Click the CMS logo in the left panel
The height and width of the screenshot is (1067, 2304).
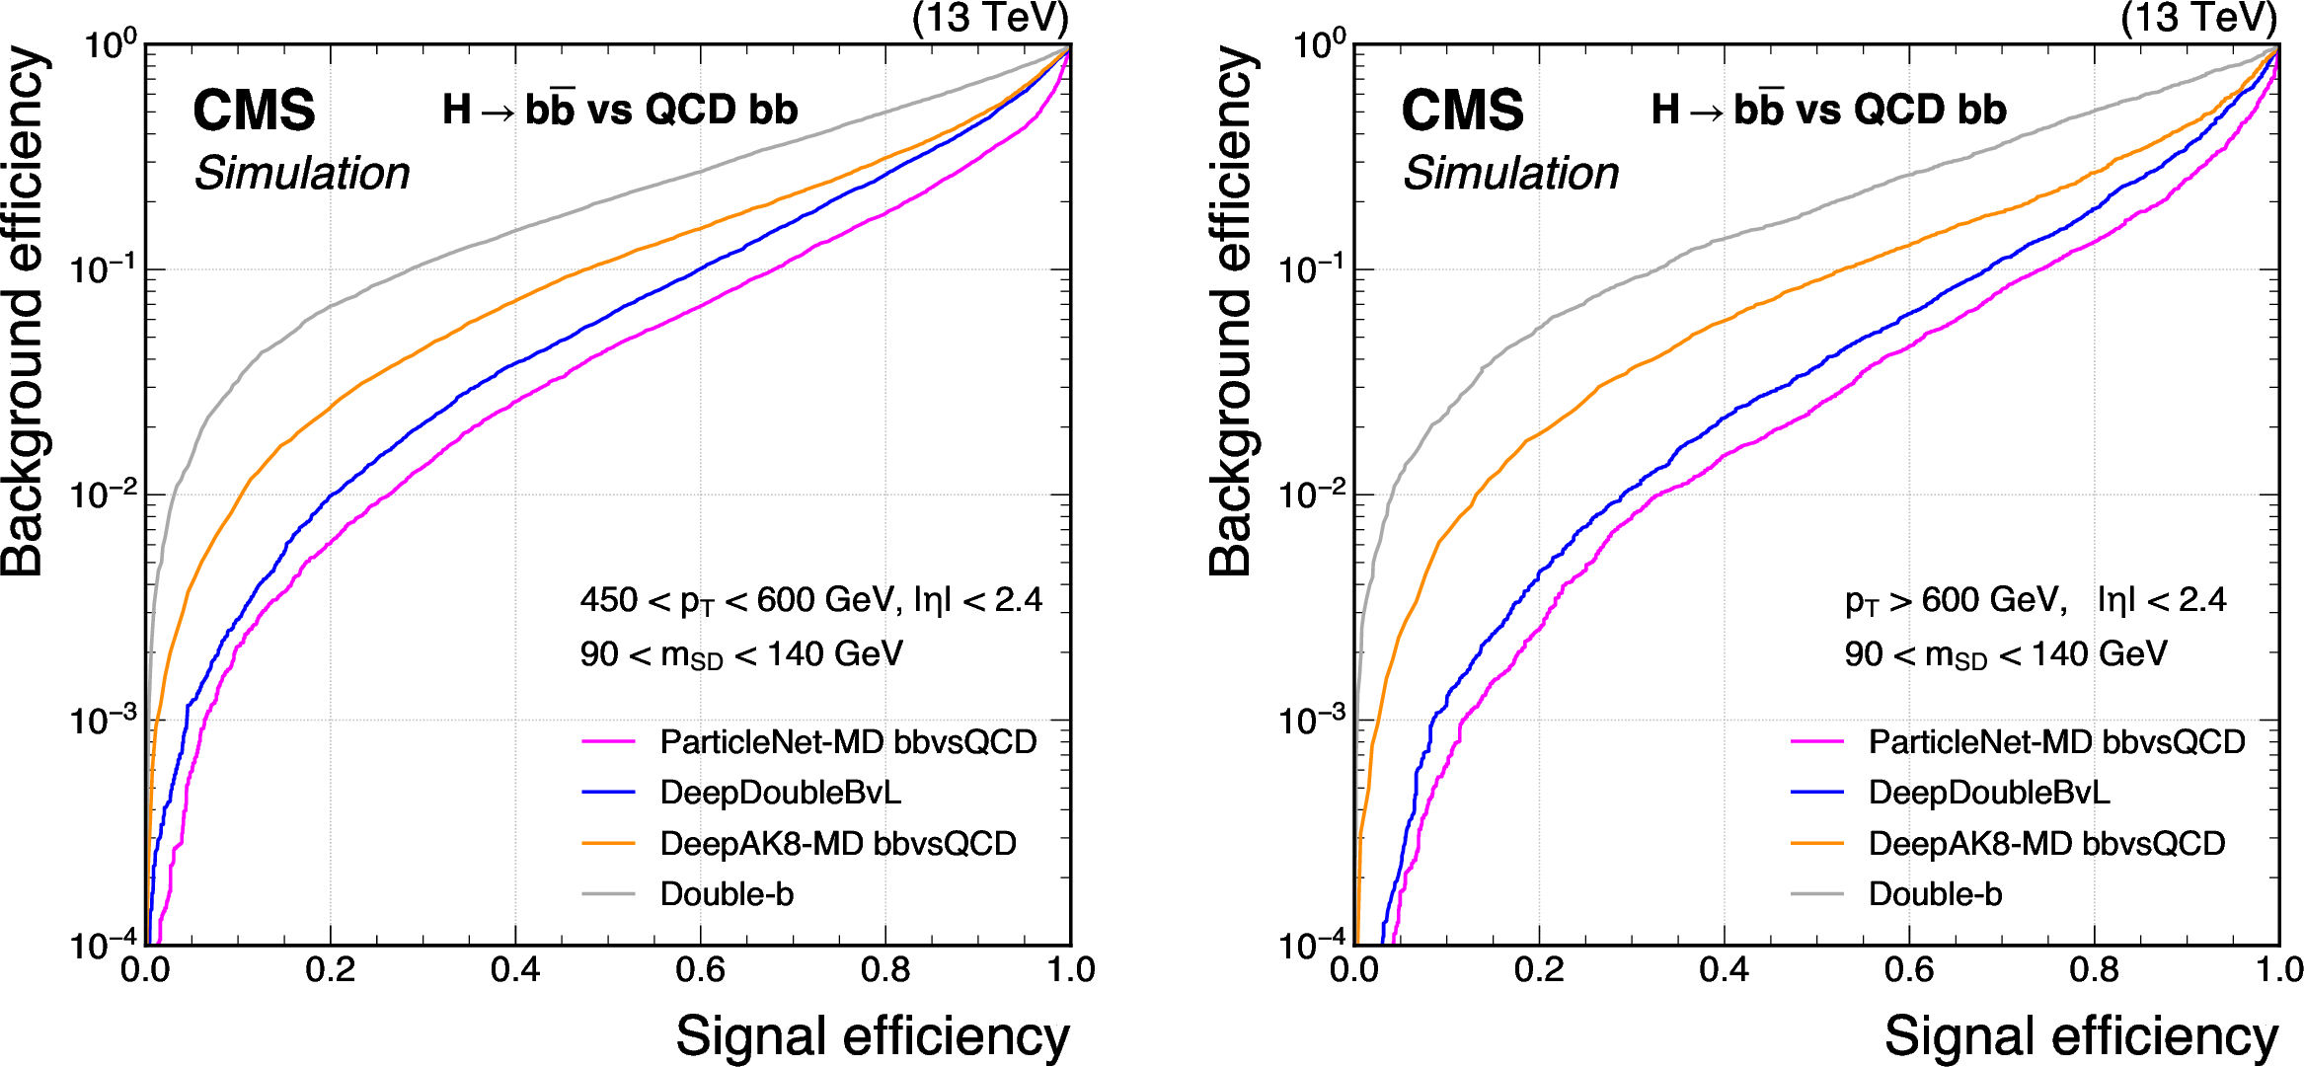coord(254,110)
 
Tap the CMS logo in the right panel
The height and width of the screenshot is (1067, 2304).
coord(1462,110)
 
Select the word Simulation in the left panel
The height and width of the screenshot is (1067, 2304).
coord(301,174)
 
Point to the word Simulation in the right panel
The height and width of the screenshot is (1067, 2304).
coord(1510,174)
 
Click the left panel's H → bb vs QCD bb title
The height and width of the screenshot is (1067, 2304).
coord(620,110)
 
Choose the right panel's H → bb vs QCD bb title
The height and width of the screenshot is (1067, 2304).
coord(1828,110)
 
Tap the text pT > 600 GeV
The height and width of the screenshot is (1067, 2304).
coord(1956,600)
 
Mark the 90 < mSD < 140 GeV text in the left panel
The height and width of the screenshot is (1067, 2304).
coord(740,654)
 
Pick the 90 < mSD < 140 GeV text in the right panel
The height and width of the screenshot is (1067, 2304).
coord(2005,654)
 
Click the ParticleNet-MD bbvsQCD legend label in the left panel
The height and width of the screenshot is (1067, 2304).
coord(848,742)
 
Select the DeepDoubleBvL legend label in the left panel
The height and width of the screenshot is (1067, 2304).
coord(780,793)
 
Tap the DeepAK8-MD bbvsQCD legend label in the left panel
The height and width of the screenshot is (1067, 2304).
coord(838,844)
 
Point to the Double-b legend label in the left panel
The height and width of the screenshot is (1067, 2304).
coord(727,894)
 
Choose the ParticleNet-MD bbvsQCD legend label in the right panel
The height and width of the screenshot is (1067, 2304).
coord(2056,742)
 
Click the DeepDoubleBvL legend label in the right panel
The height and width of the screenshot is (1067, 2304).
coord(1988,793)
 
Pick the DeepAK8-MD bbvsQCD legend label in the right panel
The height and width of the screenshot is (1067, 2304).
coord(2046,844)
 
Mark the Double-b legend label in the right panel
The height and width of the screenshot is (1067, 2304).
coord(1935,894)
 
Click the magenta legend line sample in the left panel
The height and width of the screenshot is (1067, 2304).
coord(608,741)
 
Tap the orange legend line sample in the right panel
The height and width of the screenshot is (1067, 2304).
coord(1816,843)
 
